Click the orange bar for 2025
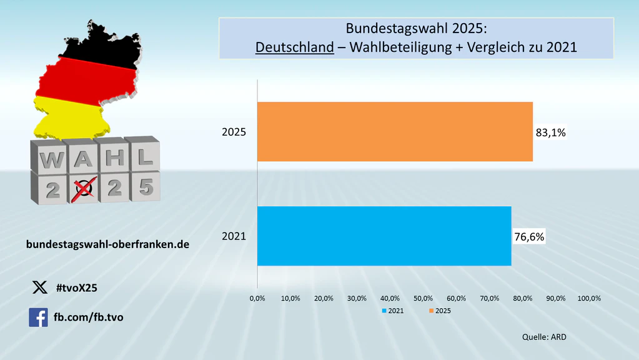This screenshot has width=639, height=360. (x=395, y=132)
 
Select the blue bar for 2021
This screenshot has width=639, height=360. (x=384, y=236)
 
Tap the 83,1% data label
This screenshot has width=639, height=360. (x=550, y=132)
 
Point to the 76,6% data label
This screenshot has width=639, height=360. (x=529, y=237)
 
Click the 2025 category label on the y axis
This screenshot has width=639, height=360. (x=234, y=132)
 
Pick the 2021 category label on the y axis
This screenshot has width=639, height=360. (x=234, y=237)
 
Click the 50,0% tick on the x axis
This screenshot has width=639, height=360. (x=424, y=298)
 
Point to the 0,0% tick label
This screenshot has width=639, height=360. (x=257, y=298)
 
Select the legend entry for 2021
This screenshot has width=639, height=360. (x=391, y=311)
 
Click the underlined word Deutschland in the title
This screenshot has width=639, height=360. (x=294, y=46)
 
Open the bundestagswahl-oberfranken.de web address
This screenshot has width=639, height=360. (x=107, y=244)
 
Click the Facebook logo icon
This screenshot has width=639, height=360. (x=38, y=317)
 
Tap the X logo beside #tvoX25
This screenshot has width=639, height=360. (x=39, y=287)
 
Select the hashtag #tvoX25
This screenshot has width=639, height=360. (x=76, y=287)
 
